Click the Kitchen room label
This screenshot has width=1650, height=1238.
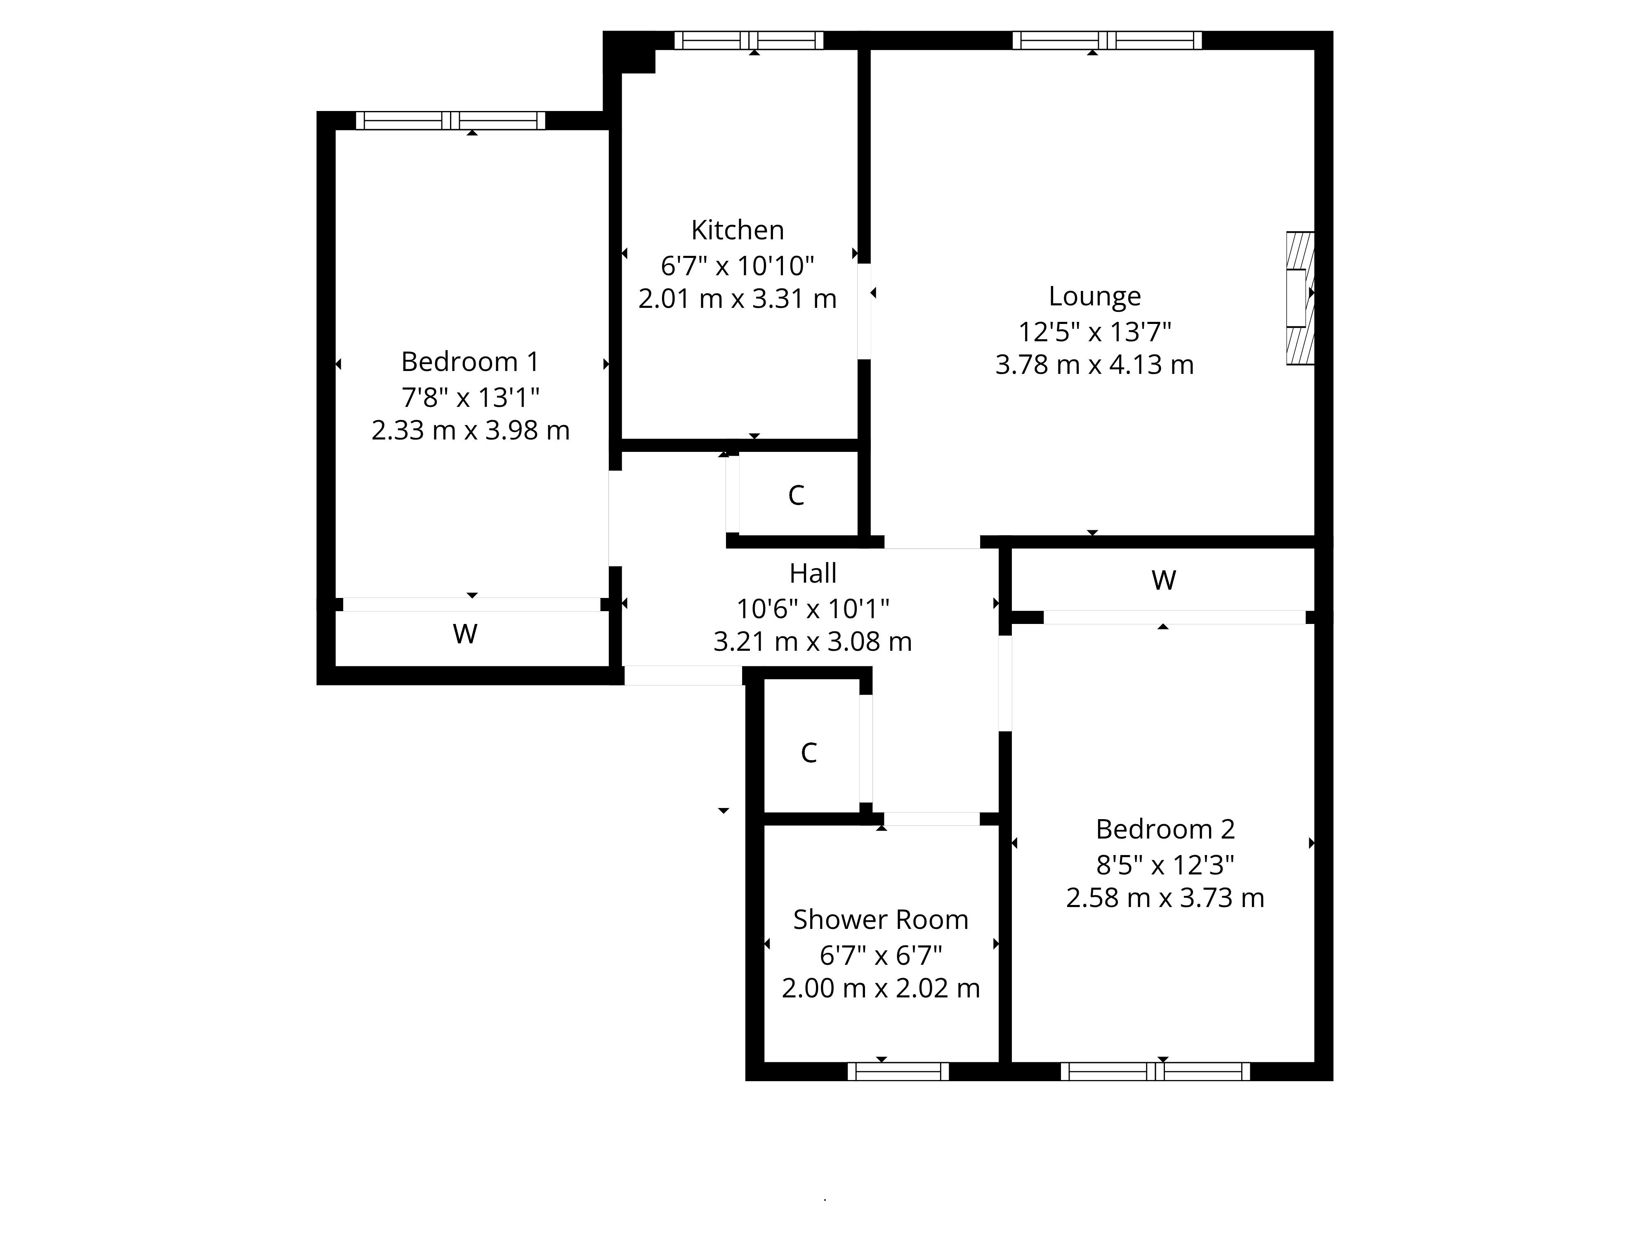[737, 230]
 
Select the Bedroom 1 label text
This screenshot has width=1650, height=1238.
[470, 362]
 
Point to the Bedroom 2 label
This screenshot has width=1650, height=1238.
[1165, 829]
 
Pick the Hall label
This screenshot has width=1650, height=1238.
[813, 573]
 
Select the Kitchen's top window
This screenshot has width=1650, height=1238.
[749, 40]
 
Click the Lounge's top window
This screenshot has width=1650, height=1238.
[1107, 40]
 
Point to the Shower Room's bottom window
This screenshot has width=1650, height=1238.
[898, 1072]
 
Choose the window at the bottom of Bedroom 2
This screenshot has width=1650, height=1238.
[1155, 1072]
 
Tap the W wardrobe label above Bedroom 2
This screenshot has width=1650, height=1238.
[1164, 580]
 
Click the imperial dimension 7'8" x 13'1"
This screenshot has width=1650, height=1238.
[470, 397]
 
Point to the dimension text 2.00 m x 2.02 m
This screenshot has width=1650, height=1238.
[880, 988]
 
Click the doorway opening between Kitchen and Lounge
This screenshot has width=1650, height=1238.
[864, 311]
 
